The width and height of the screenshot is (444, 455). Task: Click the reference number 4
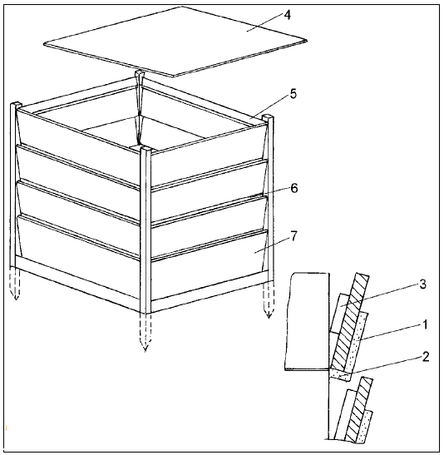tap(287, 15)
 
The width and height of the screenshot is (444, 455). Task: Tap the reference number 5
tap(294, 94)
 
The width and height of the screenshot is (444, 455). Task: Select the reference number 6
tap(294, 188)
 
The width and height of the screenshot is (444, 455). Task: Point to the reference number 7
tap(294, 236)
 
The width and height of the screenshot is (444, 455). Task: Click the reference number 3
tap(423, 284)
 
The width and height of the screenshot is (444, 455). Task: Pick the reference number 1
tap(425, 324)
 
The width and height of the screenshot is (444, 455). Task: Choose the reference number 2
tap(426, 357)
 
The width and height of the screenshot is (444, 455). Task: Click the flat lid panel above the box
tap(175, 42)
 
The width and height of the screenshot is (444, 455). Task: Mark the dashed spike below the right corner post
tap(269, 299)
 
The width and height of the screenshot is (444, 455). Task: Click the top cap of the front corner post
tap(146, 149)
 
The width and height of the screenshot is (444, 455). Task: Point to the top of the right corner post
tap(268, 117)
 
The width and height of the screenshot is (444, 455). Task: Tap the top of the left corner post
tap(16, 105)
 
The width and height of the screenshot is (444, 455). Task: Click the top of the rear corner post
tap(140, 72)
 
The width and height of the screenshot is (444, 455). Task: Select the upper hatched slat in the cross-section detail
tap(350, 322)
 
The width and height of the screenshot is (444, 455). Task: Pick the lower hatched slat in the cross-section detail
tap(359, 409)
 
